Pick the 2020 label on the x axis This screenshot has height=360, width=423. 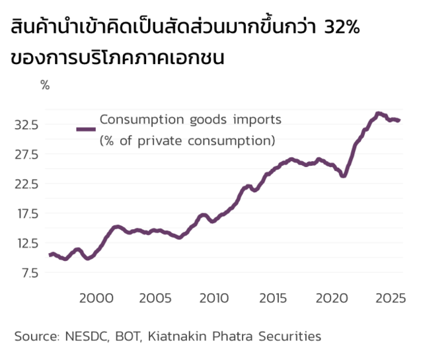tap(333, 299)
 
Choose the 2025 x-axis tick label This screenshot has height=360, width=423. tap(393, 299)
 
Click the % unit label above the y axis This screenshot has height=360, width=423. tap(45, 85)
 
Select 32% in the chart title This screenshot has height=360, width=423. tap(340, 30)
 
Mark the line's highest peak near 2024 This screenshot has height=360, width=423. tap(378, 114)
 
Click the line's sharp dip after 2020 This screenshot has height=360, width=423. tap(343, 176)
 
